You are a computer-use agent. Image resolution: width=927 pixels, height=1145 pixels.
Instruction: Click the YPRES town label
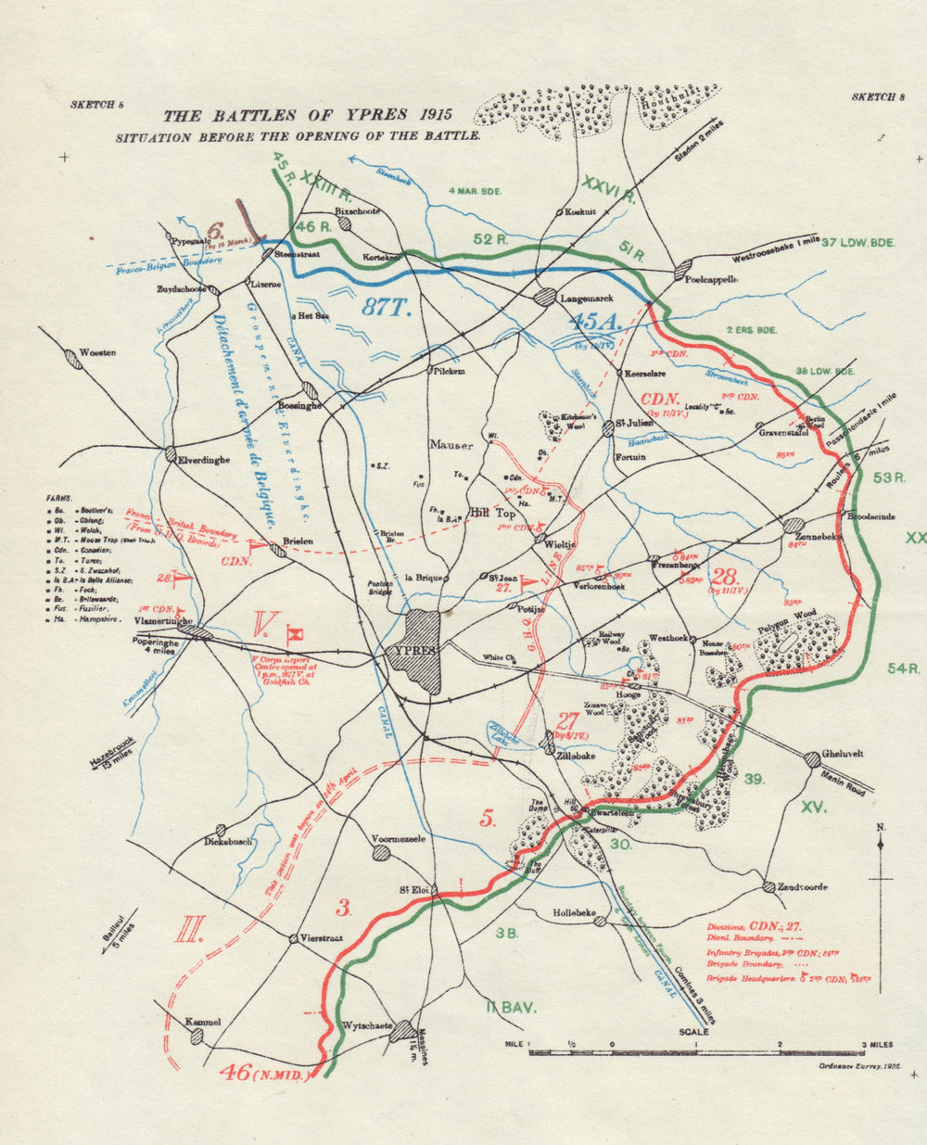(413, 650)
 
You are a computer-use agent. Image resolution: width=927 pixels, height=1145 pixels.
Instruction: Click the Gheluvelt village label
(843, 754)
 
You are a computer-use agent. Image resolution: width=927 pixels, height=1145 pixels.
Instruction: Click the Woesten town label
(98, 353)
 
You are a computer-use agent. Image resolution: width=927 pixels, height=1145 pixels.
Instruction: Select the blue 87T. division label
(386, 309)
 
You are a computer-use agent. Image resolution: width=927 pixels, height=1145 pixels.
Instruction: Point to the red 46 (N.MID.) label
(264, 1073)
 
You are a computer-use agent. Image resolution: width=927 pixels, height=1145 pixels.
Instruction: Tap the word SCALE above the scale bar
(693, 1032)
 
